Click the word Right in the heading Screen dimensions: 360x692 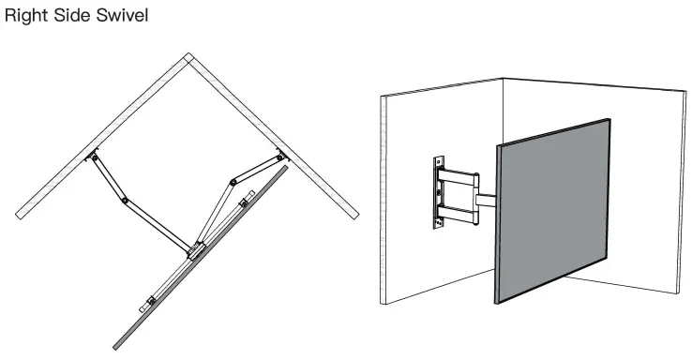(25, 17)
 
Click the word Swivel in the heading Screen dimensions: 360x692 (122, 17)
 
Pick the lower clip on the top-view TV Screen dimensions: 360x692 (149, 304)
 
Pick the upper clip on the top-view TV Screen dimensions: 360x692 (244, 202)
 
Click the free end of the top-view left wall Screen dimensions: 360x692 (18, 216)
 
